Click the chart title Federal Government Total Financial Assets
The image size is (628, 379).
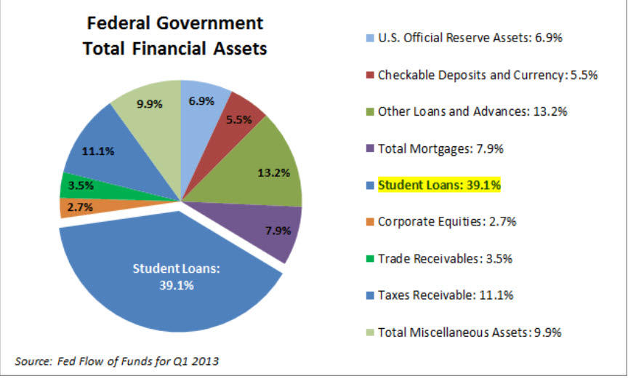(174, 36)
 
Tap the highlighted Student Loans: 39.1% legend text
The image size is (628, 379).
(440, 185)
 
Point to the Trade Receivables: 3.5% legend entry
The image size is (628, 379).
(445, 258)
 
